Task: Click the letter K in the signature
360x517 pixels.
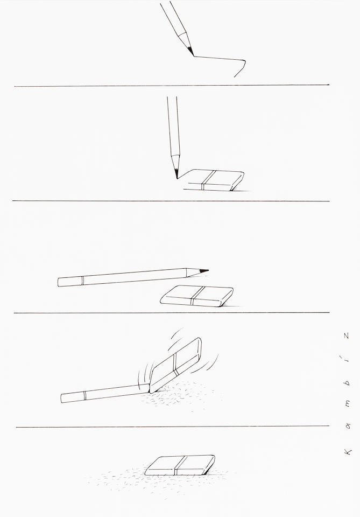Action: tap(348, 452)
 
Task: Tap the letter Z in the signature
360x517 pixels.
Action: tap(346, 336)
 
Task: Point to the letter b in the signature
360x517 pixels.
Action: tap(348, 383)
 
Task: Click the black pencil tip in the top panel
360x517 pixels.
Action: tap(190, 51)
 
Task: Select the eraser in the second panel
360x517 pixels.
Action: tap(214, 180)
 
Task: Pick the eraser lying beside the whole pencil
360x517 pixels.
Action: tap(197, 296)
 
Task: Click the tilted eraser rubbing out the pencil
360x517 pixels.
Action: tap(175, 365)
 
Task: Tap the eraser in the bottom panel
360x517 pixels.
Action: tap(180, 465)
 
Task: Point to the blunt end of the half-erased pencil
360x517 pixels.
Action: tap(62, 399)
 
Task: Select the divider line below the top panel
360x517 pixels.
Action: tap(172, 86)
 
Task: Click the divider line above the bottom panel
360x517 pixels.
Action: tap(173, 427)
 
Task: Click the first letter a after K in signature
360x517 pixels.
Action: tap(348, 425)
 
